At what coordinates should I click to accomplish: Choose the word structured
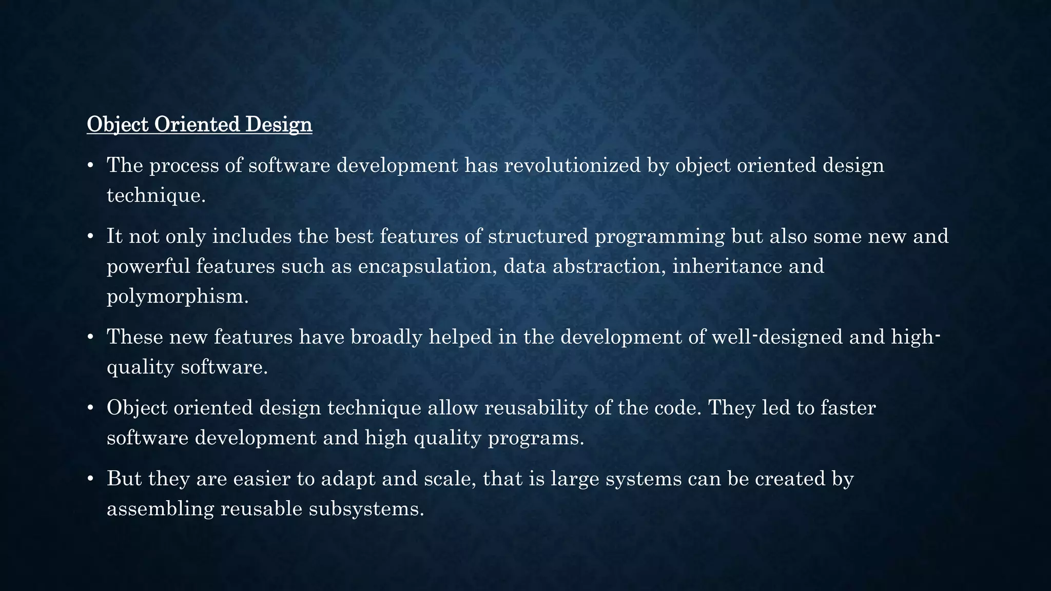click(x=538, y=236)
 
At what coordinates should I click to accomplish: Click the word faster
click(x=848, y=408)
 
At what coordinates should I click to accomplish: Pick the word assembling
click(x=160, y=509)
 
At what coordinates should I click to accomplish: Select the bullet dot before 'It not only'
click(x=90, y=237)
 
